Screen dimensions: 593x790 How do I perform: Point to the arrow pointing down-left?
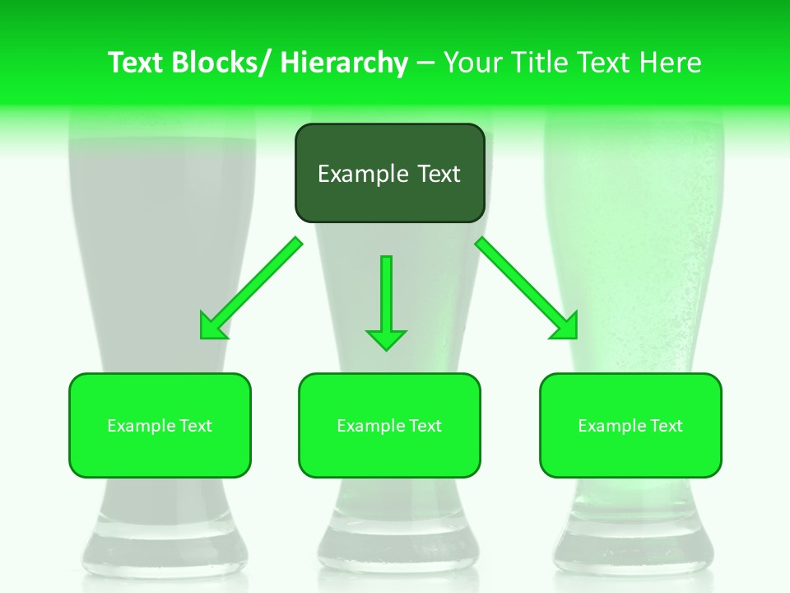coord(252,288)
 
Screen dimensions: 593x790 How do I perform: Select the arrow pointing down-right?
coord(527,288)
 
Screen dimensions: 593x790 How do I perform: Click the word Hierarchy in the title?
coord(344,63)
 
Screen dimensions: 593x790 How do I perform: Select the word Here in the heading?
coord(671,63)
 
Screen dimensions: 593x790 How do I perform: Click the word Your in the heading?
coord(472,63)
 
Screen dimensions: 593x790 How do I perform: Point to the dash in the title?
coord(426,63)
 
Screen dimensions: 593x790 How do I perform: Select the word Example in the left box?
coord(140,426)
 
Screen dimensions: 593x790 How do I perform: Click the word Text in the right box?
coord(664,426)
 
